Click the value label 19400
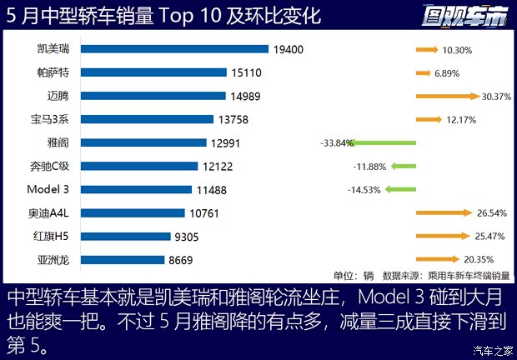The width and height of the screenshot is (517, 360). point(288,50)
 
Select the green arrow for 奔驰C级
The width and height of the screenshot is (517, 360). point(398,166)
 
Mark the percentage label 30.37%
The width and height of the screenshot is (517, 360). point(497,97)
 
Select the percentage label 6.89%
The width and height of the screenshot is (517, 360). point(447,73)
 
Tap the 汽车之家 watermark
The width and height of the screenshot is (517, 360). point(491,349)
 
